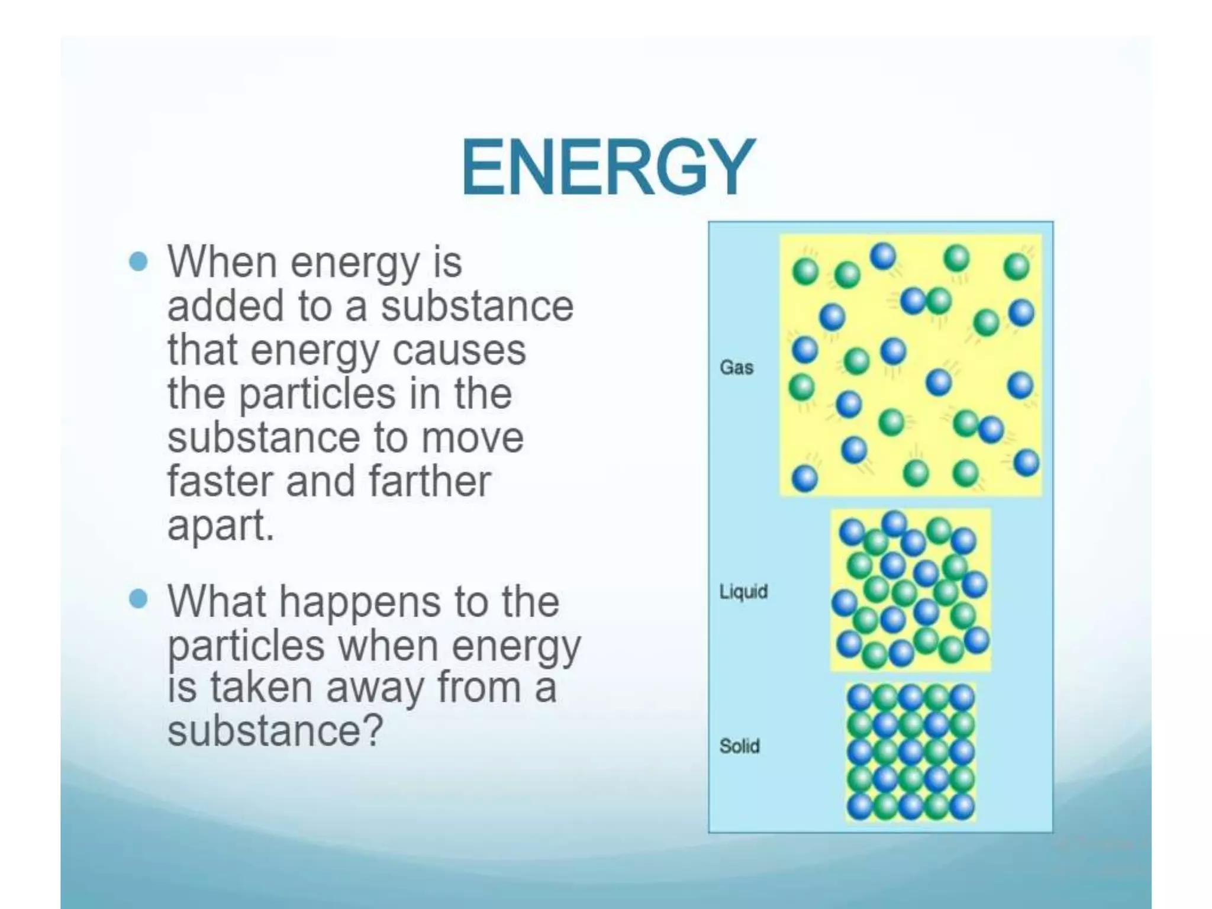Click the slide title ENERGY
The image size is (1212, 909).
tap(608, 167)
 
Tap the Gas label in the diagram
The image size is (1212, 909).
tap(736, 368)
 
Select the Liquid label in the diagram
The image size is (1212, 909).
tap(743, 591)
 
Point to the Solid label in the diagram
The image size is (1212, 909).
tap(739, 746)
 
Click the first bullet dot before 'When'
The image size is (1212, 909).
tap(138, 261)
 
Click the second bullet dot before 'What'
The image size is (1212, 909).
tap(138, 599)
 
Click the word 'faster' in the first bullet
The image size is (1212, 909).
tap(220, 481)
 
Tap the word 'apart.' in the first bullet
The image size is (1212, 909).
tap(221, 526)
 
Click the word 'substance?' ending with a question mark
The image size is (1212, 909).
tap(275, 730)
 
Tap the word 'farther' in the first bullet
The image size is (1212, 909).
tap(430, 481)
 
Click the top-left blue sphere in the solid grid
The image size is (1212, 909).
tap(860, 698)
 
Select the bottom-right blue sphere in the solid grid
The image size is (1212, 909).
tap(962, 806)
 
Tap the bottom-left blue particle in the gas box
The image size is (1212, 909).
tap(804, 478)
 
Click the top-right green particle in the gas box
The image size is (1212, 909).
tap(1017, 266)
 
